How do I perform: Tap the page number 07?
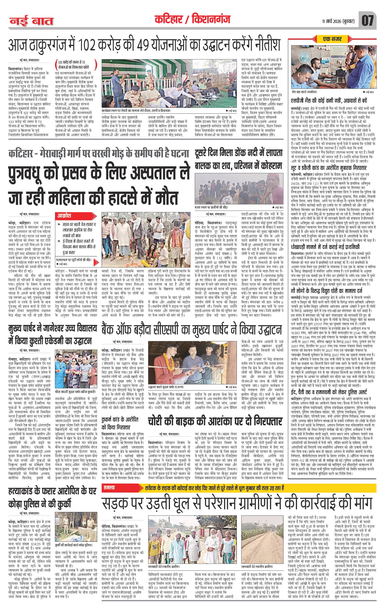367,21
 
